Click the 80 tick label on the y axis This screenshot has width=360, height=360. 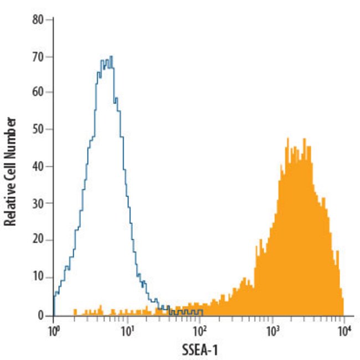[38, 20]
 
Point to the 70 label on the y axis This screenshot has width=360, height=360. [38, 56]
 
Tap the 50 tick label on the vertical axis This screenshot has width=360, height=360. [38, 130]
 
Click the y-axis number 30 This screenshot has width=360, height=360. [38, 204]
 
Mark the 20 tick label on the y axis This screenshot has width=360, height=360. [38, 241]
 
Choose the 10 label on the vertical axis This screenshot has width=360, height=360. [38, 278]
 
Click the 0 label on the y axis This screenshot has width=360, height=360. [40, 315]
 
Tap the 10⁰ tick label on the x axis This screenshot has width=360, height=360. [53, 331]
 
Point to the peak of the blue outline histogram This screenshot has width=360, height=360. [111, 56]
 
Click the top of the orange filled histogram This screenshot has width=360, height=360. [287, 138]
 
